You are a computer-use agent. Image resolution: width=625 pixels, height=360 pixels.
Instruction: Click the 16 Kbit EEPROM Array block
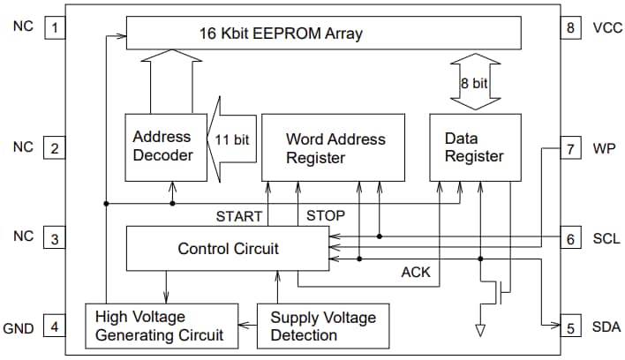coord(323,34)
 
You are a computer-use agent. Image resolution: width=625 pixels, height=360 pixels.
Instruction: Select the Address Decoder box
coord(162,146)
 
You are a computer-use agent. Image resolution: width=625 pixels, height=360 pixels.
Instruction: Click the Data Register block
coord(474,148)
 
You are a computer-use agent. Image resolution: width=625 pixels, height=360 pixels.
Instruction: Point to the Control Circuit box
coord(228,248)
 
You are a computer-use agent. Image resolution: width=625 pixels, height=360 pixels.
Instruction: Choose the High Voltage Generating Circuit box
coord(162,326)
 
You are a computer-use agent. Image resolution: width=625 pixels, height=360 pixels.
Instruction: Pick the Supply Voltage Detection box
coord(322,326)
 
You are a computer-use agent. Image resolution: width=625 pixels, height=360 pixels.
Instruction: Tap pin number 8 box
coord(570,27)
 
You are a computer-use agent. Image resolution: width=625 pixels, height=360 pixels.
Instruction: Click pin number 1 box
coord(54,27)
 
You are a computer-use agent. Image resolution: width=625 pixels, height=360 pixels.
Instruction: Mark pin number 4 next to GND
coord(54,328)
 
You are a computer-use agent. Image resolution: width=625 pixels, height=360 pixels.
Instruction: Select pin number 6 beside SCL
coord(570,239)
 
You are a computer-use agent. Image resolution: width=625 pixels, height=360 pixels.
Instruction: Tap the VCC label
coord(607,27)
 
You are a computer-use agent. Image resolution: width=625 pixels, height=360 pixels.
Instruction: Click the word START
coord(239,215)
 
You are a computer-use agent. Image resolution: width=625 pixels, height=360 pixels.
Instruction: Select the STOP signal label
coord(325,215)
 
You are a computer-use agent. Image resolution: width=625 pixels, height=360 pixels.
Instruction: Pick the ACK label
coord(416,273)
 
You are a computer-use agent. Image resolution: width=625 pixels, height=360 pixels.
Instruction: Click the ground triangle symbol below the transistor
coord(480,331)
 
